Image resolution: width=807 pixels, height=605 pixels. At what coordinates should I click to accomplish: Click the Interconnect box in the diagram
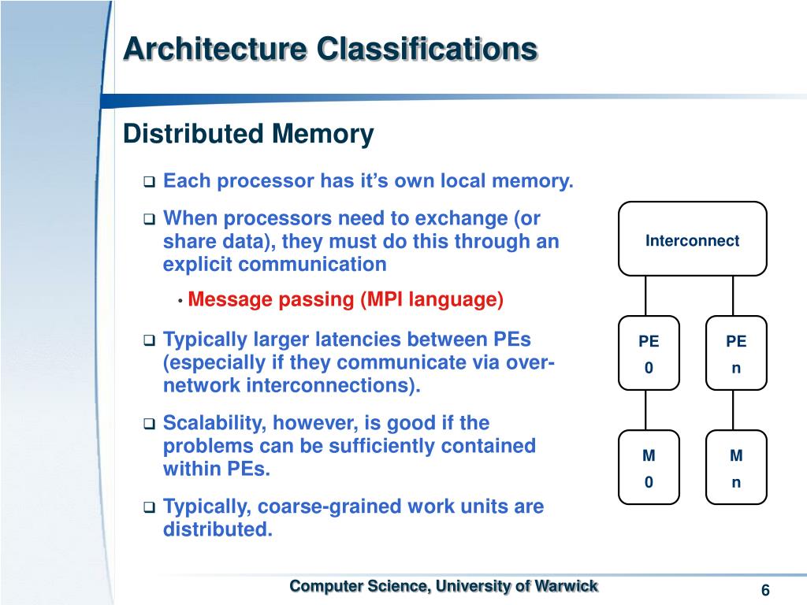[692, 239]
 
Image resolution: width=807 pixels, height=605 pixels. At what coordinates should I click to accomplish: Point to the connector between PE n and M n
[733, 410]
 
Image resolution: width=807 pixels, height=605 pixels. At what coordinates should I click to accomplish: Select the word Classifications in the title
[427, 49]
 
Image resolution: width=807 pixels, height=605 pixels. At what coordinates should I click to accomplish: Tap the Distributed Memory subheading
[248, 134]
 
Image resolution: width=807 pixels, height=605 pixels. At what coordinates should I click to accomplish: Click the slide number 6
[765, 592]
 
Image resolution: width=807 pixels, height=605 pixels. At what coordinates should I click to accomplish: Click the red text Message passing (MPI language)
[345, 300]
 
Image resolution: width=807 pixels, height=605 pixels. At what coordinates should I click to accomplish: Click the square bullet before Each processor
[148, 183]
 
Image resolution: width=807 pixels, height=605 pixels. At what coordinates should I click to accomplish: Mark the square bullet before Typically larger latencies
[148, 341]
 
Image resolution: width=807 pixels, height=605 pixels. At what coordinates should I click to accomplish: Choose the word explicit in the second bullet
[194, 264]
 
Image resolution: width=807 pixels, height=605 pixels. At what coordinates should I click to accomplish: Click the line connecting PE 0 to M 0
[646, 410]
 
